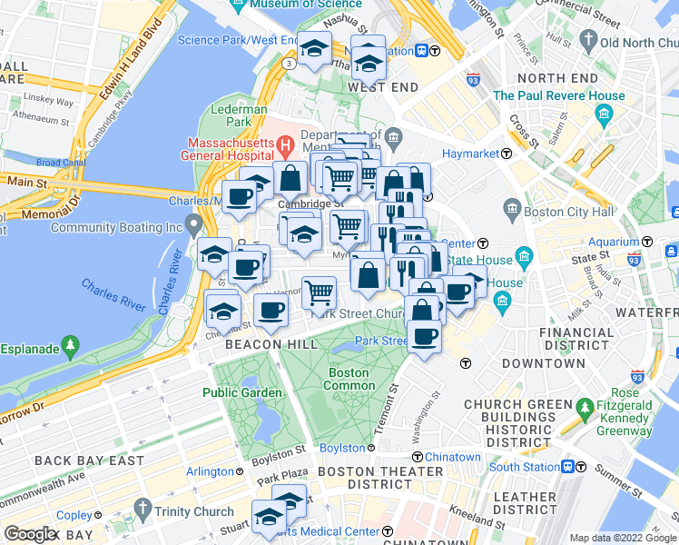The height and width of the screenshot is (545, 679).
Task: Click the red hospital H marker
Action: point(285,144)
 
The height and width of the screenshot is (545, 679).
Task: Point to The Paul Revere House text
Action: point(558,95)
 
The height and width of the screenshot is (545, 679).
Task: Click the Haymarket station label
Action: point(470,154)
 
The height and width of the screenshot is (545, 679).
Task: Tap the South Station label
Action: point(523,467)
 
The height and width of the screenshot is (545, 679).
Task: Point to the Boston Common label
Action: point(349,379)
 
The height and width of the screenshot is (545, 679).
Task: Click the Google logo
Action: point(31,533)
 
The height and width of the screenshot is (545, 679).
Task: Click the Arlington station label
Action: point(210,471)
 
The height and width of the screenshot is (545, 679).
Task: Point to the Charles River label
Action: point(113,295)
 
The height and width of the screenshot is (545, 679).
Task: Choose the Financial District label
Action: point(576,339)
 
